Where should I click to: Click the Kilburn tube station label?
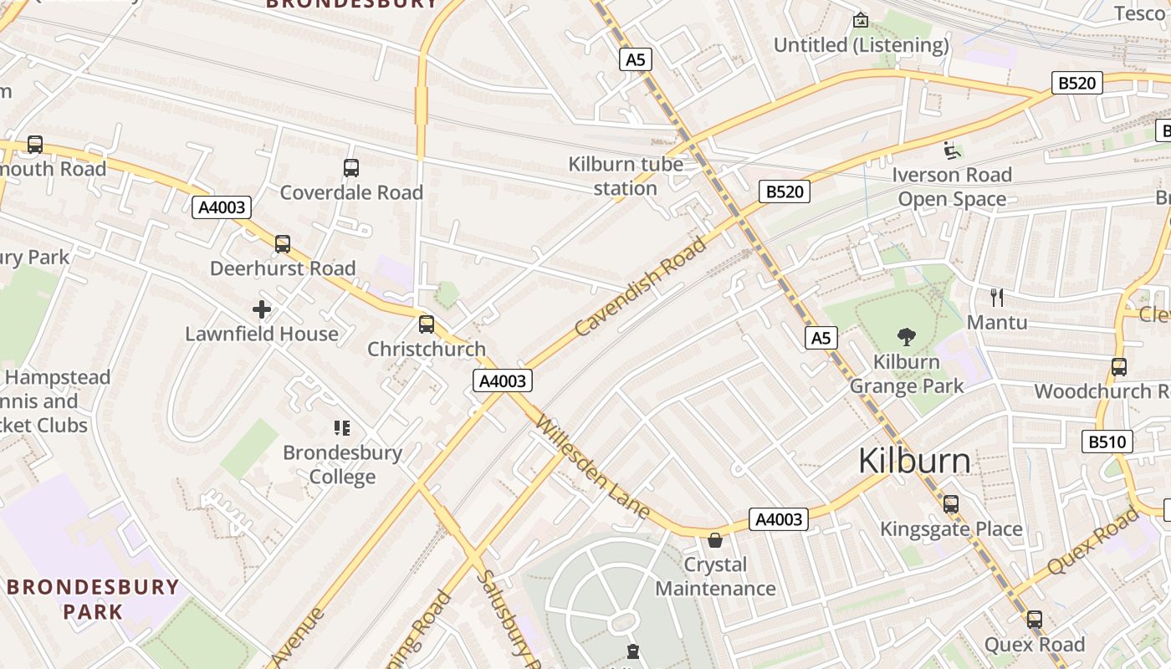[626, 176]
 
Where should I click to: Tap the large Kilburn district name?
[914, 461]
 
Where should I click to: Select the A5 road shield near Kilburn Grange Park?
[821, 338]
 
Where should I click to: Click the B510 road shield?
[1107, 442]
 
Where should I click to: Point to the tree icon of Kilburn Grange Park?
[906, 337]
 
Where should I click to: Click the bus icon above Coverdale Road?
[351, 168]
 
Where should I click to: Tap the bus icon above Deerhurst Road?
[283, 244]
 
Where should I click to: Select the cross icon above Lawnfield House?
[262, 310]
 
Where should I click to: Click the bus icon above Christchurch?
[427, 324]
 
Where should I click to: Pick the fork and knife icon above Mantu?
[996, 297]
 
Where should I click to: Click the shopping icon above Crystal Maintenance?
[715, 540]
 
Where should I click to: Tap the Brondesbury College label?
[342, 465]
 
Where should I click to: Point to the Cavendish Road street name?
[641, 287]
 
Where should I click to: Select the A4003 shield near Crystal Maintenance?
[779, 519]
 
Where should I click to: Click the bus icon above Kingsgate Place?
[951, 504]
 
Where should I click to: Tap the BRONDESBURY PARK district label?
[93, 599]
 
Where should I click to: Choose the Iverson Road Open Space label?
[952, 186]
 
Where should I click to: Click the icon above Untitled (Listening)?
[860, 20]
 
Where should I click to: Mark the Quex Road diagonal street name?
[1093, 541]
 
